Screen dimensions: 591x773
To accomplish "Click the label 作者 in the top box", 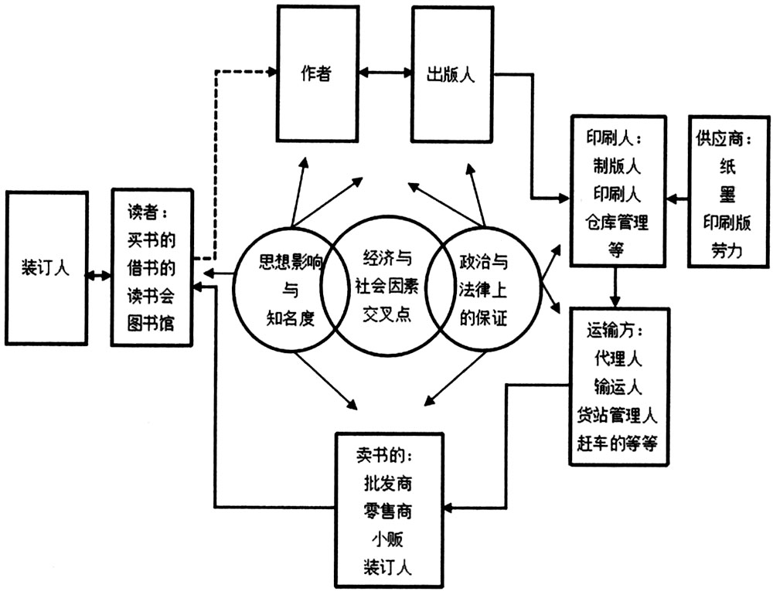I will point(316,75).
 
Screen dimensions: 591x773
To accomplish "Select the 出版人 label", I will point(451,75).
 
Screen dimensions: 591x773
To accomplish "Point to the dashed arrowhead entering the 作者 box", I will point(273,73).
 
